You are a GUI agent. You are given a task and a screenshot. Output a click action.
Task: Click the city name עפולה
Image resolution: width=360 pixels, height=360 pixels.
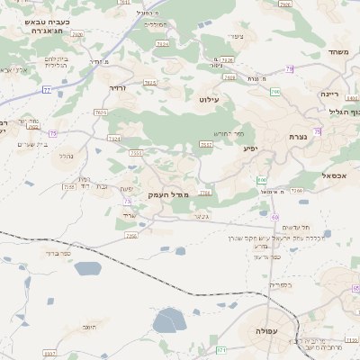tap(267, 331)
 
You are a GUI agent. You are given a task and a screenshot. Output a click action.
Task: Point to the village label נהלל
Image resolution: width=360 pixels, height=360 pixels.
tap(67, 156)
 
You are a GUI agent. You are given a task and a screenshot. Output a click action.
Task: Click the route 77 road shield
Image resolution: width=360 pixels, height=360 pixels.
tap(46, 90)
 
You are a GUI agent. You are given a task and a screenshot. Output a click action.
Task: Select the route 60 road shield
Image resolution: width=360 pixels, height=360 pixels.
tap(275, 217)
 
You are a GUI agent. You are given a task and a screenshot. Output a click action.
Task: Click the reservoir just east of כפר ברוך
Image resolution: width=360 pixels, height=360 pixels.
tap(88, 268)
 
